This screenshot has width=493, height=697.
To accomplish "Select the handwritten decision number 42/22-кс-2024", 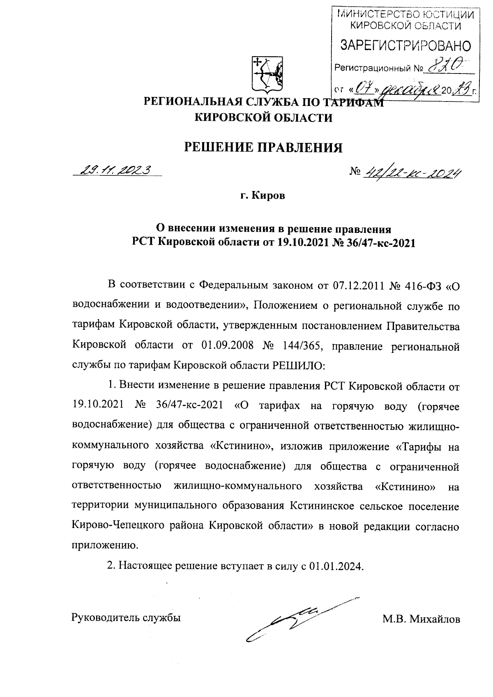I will tap(411, 175).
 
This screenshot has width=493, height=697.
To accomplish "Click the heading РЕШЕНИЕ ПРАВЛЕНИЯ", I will tap(263, 147).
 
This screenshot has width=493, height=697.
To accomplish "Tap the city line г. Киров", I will tap(263, 196).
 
